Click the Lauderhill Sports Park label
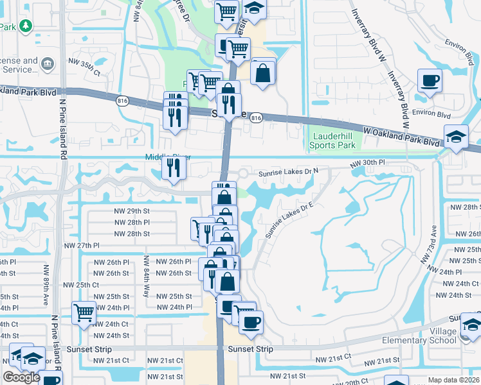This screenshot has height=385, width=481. (x=334, y=141)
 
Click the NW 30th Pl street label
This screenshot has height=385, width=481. (x=367, y=164)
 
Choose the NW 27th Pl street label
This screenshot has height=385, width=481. (x=82, y=245)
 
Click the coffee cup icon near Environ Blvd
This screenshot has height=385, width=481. (x=430, y=80)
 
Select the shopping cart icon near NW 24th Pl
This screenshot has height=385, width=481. (x=84, y=312)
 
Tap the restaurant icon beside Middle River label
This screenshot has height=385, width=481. (x=174, y=167)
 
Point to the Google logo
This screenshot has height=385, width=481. (x=21, y=377)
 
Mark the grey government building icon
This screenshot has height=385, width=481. (x=47, y=64)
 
